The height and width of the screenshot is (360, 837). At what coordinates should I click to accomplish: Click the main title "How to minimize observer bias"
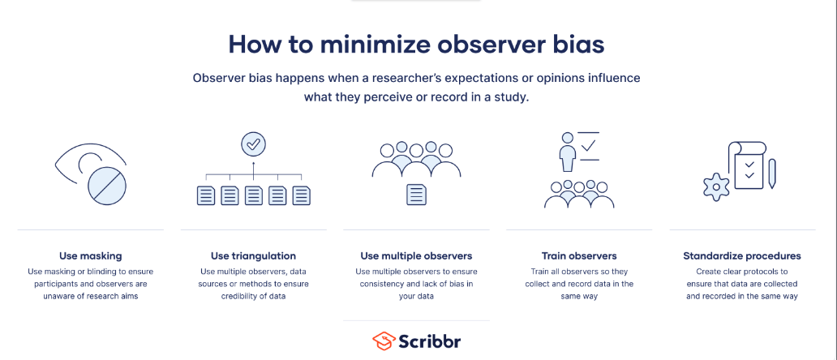(x=416, y=45)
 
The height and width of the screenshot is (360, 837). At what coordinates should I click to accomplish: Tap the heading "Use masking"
(x=90, y=255)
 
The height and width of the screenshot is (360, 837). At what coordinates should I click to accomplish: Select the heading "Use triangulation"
(x=253, y=255)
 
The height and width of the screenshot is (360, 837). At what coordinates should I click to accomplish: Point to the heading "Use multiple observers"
(x=416, y=255)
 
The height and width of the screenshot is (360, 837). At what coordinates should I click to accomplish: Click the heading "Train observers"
(x=579, y=255)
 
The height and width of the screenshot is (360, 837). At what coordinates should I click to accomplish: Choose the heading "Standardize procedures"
(x=742, y=255)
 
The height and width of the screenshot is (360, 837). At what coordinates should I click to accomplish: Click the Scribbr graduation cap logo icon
(x=384, y=341)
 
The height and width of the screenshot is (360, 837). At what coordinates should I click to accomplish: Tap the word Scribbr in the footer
(x=430, y=341)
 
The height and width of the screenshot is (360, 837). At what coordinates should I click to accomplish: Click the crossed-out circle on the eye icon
(x=107, y=186)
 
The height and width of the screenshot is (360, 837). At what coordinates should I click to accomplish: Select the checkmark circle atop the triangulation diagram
(x=253, y=144)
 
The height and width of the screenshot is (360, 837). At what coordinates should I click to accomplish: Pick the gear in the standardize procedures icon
(x=716, y=186)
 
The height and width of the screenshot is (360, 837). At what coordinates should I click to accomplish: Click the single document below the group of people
(x=416, y=194)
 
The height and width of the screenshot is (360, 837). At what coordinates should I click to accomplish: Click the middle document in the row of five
(x=254, y=195)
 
